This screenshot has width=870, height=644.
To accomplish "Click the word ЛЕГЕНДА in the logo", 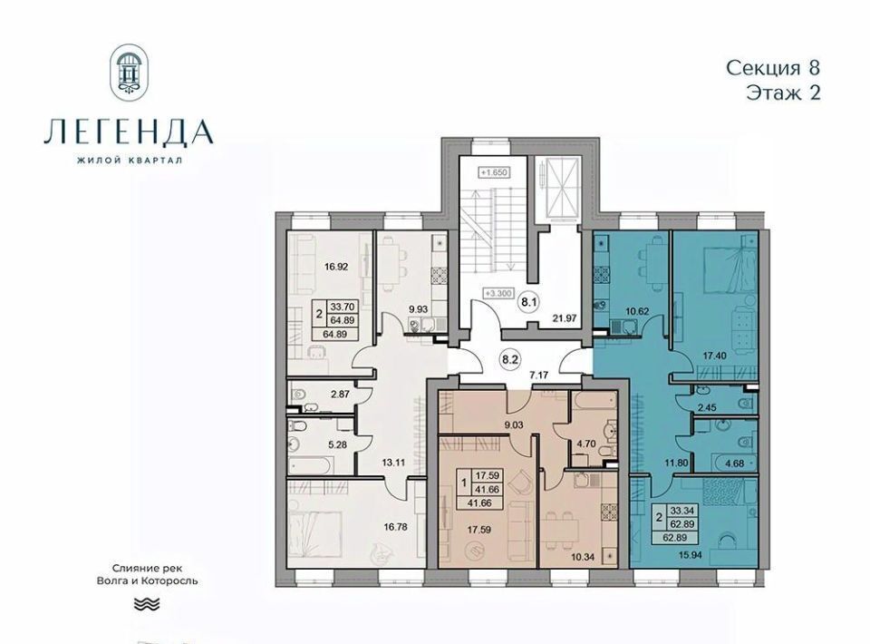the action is [x=129, y=132].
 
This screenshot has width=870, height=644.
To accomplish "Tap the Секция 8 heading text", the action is [x=773, y=68].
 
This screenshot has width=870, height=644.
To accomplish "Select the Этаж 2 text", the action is [x=783, y=93].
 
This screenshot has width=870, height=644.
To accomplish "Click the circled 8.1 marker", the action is [x=527, y=303].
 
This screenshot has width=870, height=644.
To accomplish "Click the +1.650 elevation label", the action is [x=494, y=172].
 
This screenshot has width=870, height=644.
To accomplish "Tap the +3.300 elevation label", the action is [x=498, y=293].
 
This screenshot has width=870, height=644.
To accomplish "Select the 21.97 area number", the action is [x=564, y=318].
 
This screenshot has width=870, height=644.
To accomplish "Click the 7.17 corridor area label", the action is [x=538, y=375].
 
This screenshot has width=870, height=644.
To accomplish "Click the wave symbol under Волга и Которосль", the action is [x=147, y=603].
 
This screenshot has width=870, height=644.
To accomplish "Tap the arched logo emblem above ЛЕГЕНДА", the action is [x=130, y=70].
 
